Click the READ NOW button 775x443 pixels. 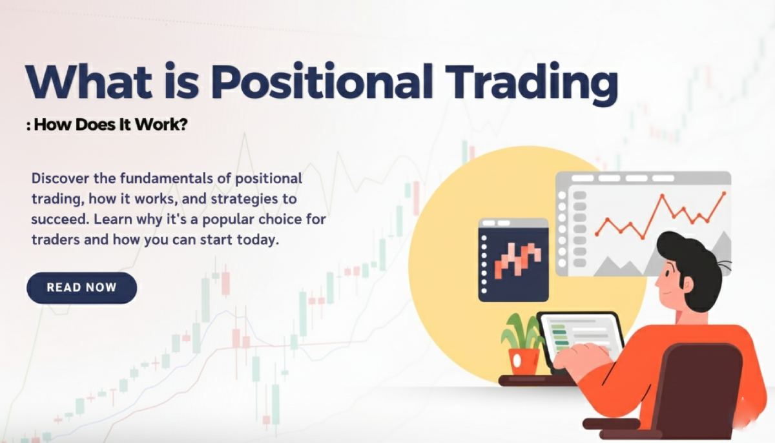click(81, 287)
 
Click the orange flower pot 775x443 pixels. click(523, 360)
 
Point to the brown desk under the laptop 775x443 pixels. click(536, 380)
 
